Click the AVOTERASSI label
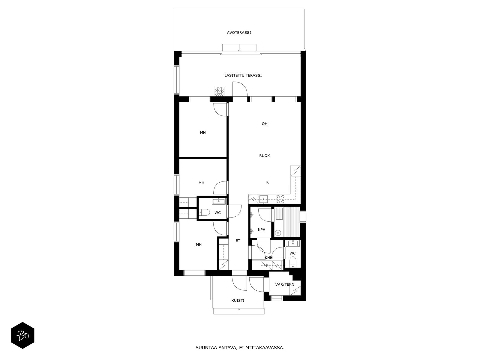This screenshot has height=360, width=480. point(239,33)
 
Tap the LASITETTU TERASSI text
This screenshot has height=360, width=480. point(243,75)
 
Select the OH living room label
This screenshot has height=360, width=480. point(264,124)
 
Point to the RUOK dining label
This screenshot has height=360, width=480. point(264,156)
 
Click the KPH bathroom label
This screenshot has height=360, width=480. point(262,229)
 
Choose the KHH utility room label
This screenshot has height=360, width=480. point(268,258)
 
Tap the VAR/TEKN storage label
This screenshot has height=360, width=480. point(285,284)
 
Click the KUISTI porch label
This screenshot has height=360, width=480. point(238,301)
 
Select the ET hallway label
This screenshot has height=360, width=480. point(238,241)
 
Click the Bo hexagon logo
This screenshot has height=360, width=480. point(22,335)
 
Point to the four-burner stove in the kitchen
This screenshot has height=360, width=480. point(280,199)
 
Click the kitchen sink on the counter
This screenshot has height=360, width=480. point(263,199)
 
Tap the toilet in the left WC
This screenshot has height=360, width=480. point(204,212)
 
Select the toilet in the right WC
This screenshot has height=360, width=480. point(292,262)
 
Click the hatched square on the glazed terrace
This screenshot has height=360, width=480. point(219,91)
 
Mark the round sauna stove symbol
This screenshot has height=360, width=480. point(278,233)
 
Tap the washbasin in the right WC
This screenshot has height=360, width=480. point(293,243)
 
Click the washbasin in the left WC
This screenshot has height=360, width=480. point(218,201)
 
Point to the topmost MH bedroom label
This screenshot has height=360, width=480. point(203,133)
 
